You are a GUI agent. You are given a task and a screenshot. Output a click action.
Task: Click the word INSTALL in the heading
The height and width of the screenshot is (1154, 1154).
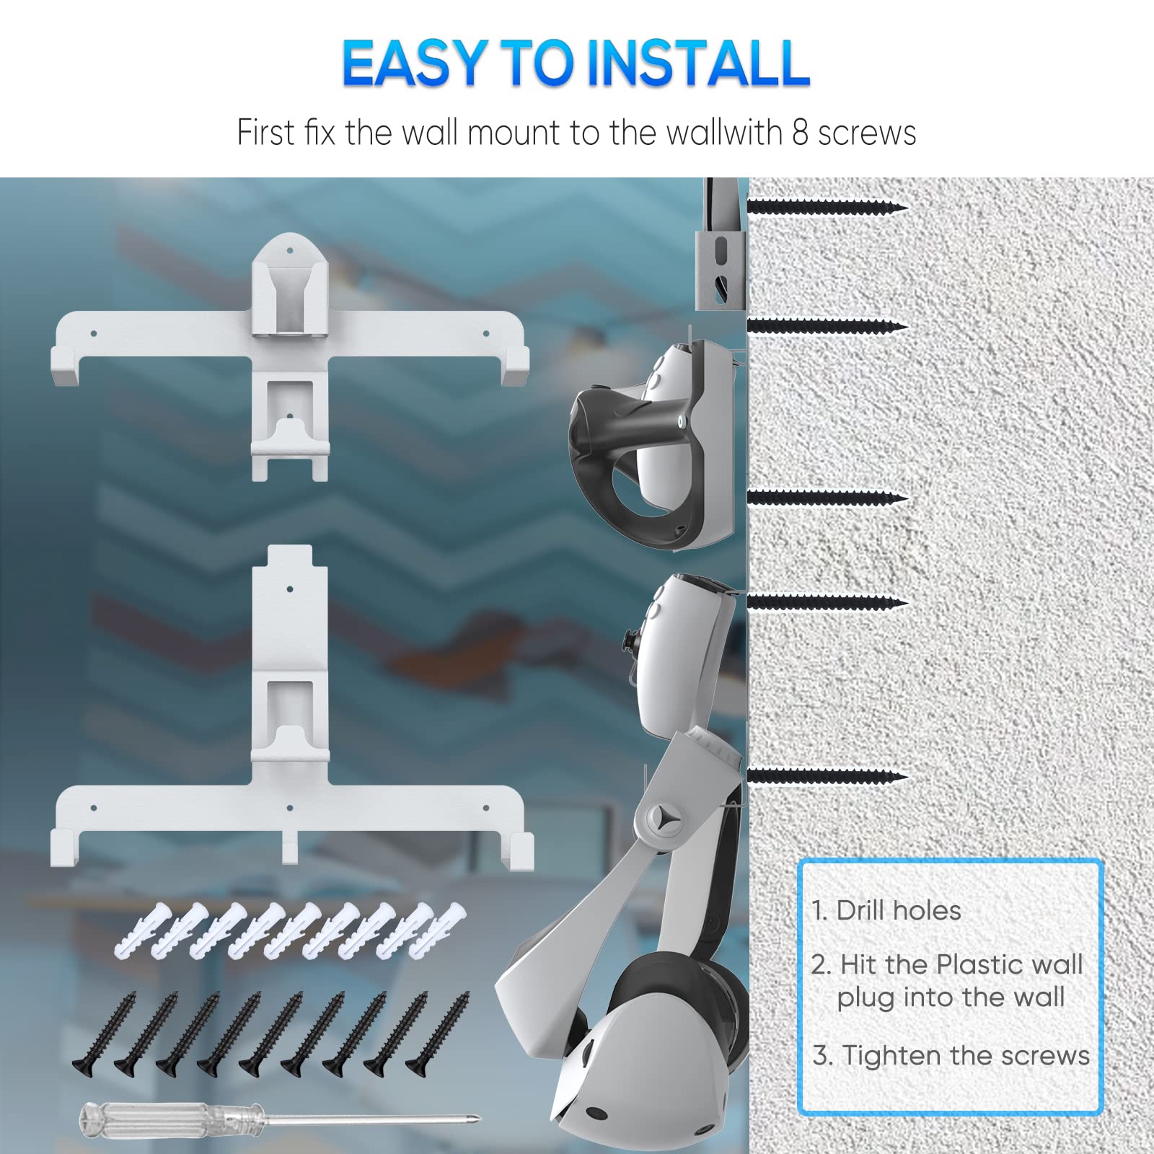click(x=697, y=63)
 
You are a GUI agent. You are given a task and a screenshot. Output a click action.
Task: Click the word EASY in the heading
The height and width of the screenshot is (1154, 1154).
click(x=418, y=63)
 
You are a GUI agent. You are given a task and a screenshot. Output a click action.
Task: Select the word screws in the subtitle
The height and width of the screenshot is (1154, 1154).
click(x=867, y=134)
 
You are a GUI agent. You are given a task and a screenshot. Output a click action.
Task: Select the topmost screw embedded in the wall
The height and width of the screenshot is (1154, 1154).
click(x=827, y=208)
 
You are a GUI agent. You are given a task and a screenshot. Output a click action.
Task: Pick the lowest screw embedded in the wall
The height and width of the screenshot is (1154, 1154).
click(x=827, y=777)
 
